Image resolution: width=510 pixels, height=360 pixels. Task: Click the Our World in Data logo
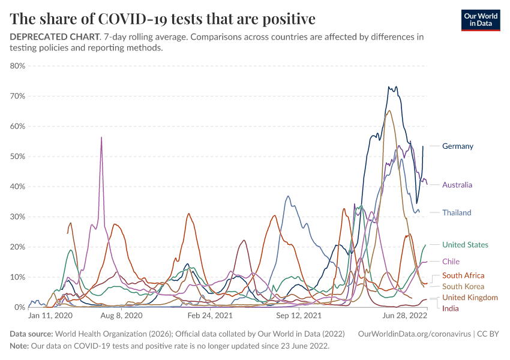[480, 19]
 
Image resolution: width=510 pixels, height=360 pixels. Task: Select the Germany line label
[457, 146]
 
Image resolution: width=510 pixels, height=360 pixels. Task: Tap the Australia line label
[457, 185]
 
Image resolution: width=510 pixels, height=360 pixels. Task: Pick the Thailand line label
[456, 212]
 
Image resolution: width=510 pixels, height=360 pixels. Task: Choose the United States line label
[465, 245]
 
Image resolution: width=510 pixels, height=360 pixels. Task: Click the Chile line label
[451, 262]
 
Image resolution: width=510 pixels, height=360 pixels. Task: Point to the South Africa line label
[463, 275]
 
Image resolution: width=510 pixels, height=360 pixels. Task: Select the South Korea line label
[463, 286]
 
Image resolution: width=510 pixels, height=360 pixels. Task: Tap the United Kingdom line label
[470, 298]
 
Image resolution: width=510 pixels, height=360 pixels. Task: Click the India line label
[451, 308]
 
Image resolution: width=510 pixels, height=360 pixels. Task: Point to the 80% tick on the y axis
[18, 66]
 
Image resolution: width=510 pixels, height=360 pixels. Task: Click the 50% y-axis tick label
[18, 157]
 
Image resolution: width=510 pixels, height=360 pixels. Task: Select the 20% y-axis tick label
[18, 247]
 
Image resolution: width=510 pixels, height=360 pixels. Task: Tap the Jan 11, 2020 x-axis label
[50, 315]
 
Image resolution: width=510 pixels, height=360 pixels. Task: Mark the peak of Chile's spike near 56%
[101, 137]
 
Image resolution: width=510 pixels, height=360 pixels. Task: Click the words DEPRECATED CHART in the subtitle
[54, 37]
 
